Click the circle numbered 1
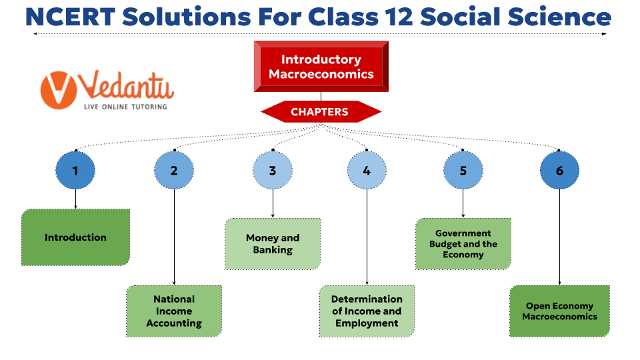click(x=75, y=171)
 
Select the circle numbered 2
click(x=174, y=171)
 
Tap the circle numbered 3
click(x=273, y=171)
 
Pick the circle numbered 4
click(x=367, y=171)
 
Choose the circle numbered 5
click(x=463, y=171)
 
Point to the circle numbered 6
click(x=559, y=171)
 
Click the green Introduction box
click(x=75, y=237)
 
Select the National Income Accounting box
click(x=174, y=311)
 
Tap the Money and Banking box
click(x=273, y=244)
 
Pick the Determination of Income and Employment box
click(x=367, y=311)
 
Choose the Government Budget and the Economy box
click(x=463, y=244)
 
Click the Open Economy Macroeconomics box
click(x=559, y=311)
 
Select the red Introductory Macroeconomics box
click(x=321, y=67)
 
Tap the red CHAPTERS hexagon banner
click(x=321, y=112)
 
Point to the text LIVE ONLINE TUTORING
click(x=125, y=106)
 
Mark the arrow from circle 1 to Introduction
click(x=75, y=199)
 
